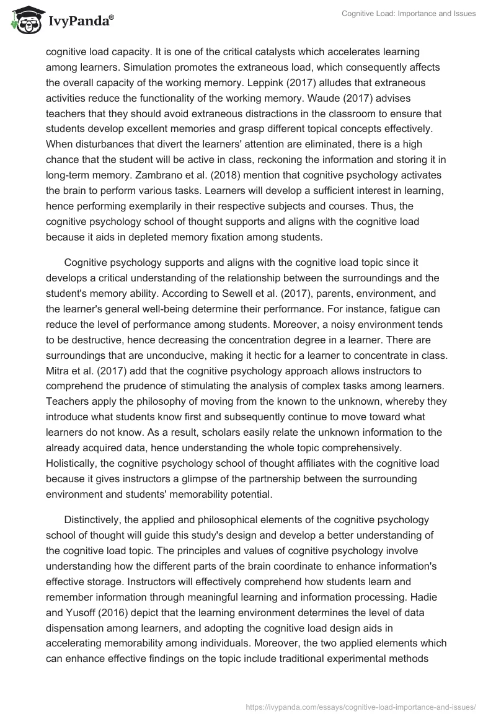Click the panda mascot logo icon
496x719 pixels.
coord(25,20)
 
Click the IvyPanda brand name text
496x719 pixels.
coord(79,22)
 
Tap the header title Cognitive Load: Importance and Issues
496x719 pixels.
coord(409,14)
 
